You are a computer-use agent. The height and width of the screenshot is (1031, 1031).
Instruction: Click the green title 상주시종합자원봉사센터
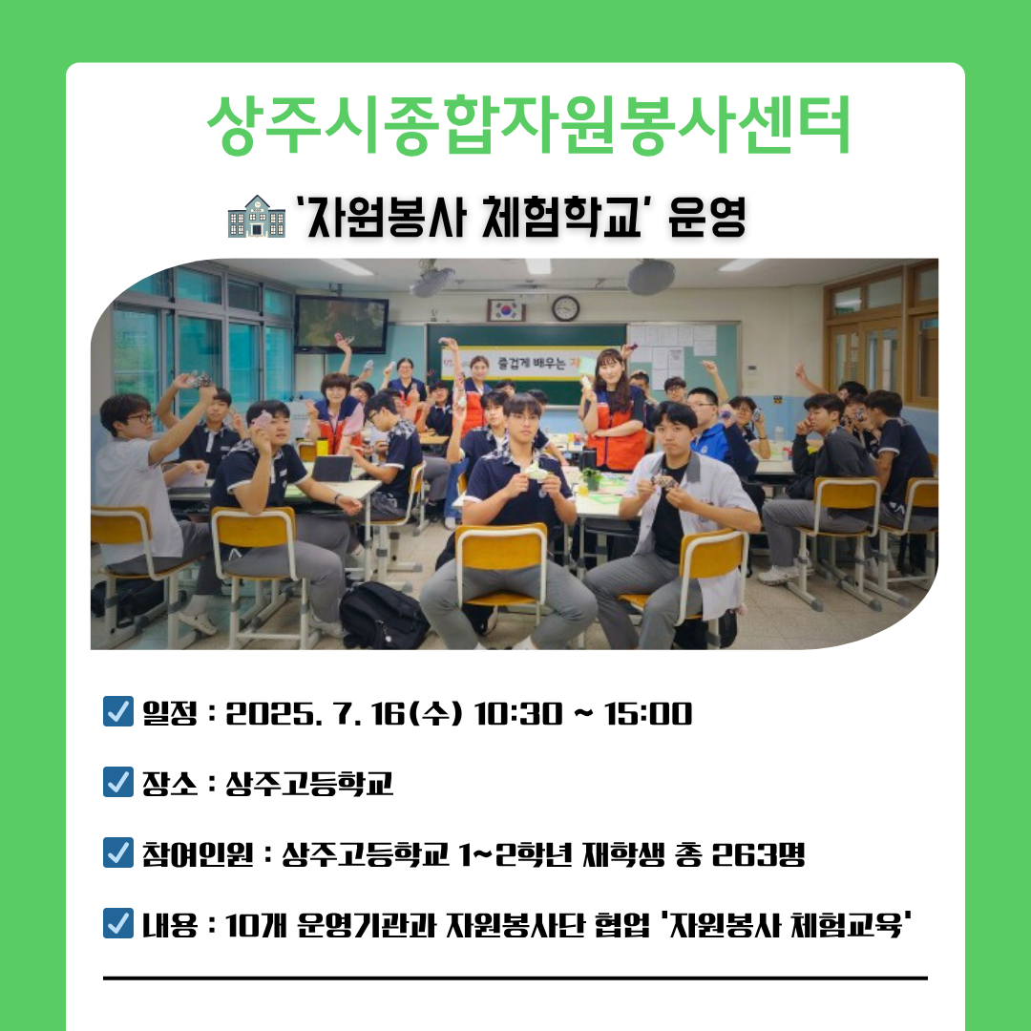[x=529, y=125]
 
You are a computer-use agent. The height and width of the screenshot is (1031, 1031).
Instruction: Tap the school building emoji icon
[x=257, y=216]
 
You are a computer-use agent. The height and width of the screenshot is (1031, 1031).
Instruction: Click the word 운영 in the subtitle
[x=706, y=217]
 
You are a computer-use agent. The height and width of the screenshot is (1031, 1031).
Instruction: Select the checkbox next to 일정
[x=118, y=711]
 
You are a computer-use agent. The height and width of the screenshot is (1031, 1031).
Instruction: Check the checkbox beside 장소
[x=118, y=782]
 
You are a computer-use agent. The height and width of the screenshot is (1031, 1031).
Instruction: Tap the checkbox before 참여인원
[x=118, y=852]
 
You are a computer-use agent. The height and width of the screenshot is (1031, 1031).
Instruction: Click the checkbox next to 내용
[x=118, y=923]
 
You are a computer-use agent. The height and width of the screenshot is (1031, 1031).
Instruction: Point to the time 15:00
[x=647, y=714]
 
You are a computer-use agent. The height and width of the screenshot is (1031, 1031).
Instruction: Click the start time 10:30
[x=518, y=714]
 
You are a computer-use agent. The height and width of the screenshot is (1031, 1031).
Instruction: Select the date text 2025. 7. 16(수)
[x=345, y=714]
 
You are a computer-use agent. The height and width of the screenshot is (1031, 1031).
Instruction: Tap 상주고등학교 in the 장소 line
[x=309, y=783]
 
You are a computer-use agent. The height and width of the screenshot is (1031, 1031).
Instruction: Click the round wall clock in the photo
[x=565, y=307]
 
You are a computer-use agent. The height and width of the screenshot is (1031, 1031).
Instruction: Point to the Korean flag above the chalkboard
[x=506, y=309]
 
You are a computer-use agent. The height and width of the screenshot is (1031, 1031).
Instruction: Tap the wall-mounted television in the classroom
[x=341, y=324]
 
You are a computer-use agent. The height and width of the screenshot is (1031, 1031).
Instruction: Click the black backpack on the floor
[x=383, y=615]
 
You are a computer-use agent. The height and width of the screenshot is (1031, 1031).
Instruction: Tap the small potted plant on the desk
[x=592, y=478]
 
